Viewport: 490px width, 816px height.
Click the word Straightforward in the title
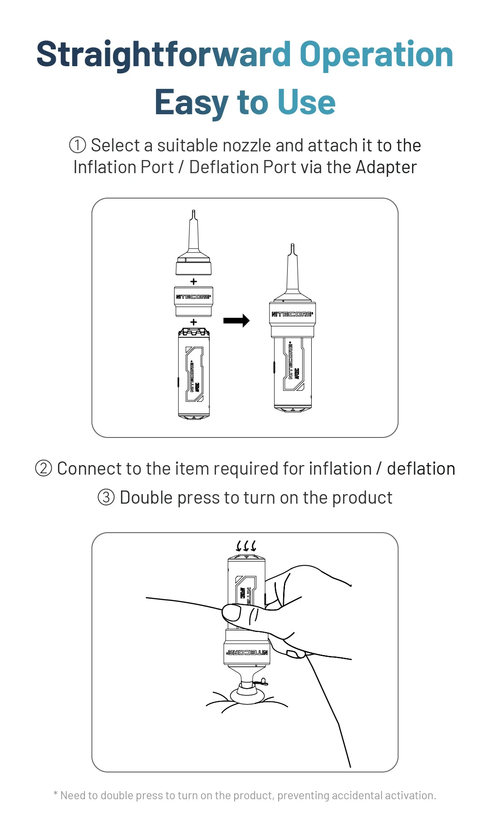[x=163, y=54]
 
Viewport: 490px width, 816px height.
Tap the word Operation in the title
[x=376, y=54]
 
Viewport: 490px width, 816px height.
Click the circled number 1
[x=78, y=146]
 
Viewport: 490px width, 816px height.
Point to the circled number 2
[x=44, y=468]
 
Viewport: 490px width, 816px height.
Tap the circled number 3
[x=106, y=497]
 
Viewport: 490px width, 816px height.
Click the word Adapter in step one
[x=386, y=167]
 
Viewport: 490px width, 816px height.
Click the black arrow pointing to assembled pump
[x=236, y=321]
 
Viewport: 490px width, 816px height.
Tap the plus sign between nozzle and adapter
[x=194, y=282]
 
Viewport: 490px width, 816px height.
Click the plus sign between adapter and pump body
[x=194, y=322]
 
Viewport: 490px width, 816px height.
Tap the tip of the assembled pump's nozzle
[x=292, y=248]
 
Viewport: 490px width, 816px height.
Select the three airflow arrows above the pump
[x=246, y=545]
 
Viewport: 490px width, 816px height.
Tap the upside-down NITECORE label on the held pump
[x=248, y=653]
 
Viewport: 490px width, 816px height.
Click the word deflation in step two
[x=421, y=468]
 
